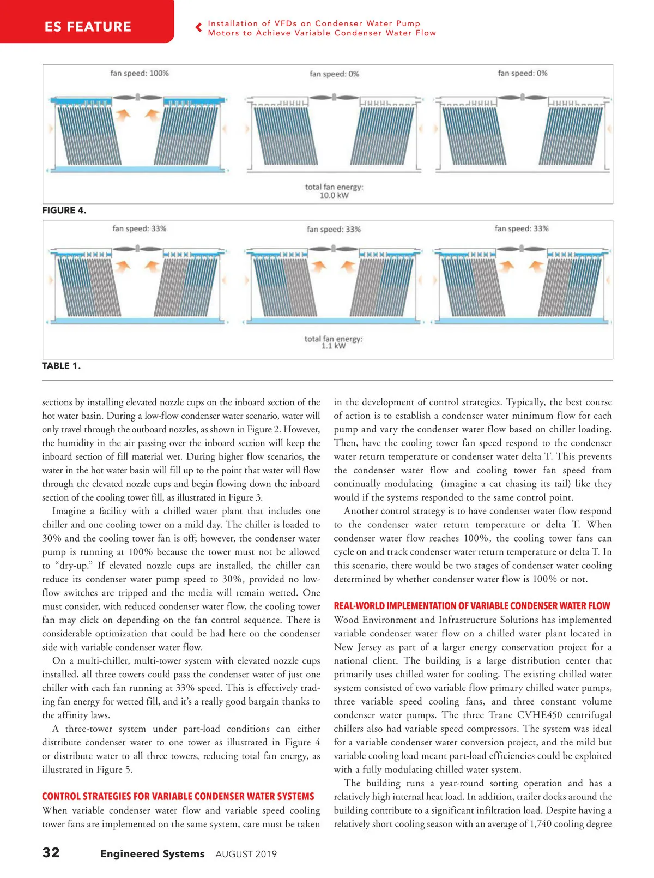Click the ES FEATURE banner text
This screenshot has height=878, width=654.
[x=88, y=27]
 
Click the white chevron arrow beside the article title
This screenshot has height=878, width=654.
[x=198, y=28]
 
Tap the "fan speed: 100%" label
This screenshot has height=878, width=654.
[x=140, y=73]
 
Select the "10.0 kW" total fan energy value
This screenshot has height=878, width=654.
[x=334, y=195]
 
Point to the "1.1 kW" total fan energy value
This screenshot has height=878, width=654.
[x=334, y=346]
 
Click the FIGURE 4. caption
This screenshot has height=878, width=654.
[x=64, y=211]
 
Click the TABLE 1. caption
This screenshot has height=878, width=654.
[x=61, y=366]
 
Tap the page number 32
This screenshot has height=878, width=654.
[x=51, y=852]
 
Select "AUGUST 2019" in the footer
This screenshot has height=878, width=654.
[x=246, y=854]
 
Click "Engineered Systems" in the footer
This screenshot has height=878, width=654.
[x=153, y=854]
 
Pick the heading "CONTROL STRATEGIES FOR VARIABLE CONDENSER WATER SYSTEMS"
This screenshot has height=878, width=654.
[x=178, y=797]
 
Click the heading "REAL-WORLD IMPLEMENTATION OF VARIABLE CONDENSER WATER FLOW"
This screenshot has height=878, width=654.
[x=472, y=606]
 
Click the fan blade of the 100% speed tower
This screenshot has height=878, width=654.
[x=137, y=98]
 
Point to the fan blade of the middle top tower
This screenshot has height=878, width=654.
[x=334, y=98]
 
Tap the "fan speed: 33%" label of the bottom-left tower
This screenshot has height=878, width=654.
[x=140, y=228]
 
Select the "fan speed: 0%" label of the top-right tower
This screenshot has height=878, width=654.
[x=523, y=73]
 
